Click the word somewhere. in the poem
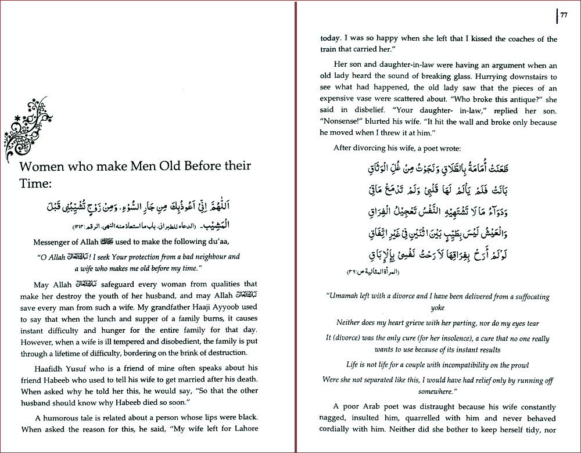pyautogui.click(x=437, y=392)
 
